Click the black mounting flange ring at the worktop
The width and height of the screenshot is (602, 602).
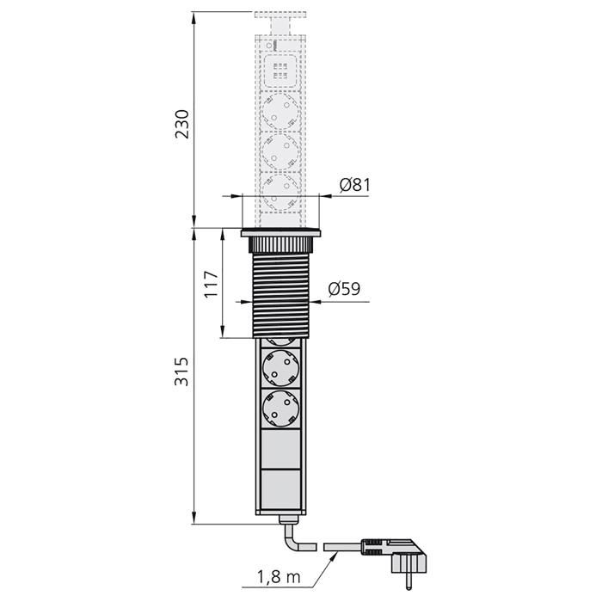280,232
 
